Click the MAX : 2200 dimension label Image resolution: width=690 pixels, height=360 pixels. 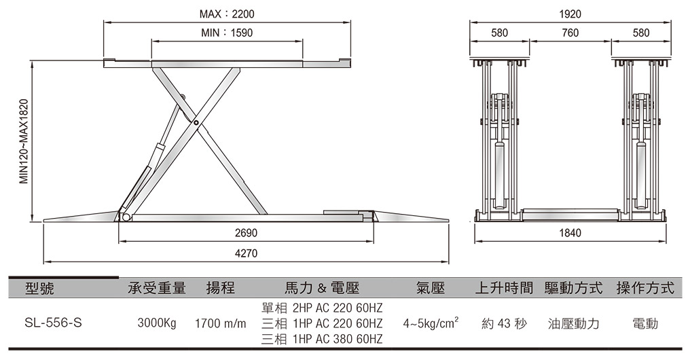pos(227,14)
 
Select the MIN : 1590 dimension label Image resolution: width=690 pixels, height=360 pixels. pos(227,33)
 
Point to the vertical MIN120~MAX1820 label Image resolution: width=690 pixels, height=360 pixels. pos(24,141)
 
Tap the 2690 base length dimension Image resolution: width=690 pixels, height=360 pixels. pos(246,233)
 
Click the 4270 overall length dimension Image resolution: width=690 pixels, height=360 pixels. pos(246,253)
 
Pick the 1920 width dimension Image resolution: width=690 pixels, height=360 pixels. pos(570,14)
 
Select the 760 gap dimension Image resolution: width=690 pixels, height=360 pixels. pos(570,33)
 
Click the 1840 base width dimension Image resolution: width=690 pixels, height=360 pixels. pos(570,233)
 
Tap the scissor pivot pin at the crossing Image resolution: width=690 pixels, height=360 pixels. pos(196,123)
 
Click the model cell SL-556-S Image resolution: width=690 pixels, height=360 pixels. pos(53,323)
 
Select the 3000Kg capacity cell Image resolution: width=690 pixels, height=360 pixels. pos(157,323)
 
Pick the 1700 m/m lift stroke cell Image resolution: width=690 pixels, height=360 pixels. pos(221,324)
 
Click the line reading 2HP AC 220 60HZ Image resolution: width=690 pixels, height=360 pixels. pos(338,308)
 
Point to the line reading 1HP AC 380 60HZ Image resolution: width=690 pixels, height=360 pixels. pos(338,339)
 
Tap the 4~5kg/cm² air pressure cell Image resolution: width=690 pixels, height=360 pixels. pos(431,323)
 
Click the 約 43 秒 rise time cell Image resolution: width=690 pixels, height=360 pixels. pos(504,324)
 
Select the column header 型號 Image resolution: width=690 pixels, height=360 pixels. pos(39,288)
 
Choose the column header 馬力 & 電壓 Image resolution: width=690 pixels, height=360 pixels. pos(322,288)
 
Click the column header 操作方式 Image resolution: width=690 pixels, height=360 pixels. pos(645,288)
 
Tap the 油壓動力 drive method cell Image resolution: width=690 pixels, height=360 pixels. pos(573,324)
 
